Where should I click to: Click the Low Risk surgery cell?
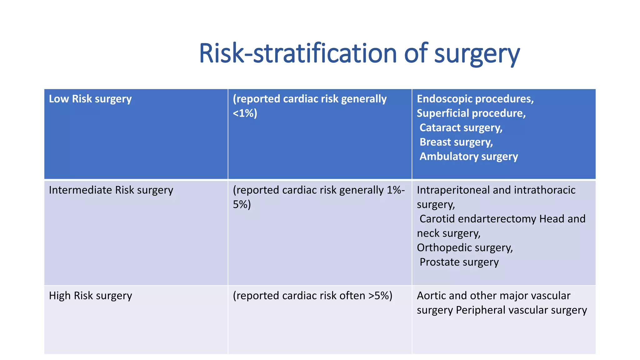90,99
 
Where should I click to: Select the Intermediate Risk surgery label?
111,190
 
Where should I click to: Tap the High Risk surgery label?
90,296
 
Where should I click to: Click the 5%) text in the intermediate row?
242,204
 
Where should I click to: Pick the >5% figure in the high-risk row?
380,296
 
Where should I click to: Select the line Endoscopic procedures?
475,99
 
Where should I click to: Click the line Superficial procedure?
471,113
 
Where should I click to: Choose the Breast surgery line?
456,142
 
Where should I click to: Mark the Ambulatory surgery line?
468,156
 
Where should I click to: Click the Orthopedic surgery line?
465,247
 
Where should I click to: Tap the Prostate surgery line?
459,262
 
